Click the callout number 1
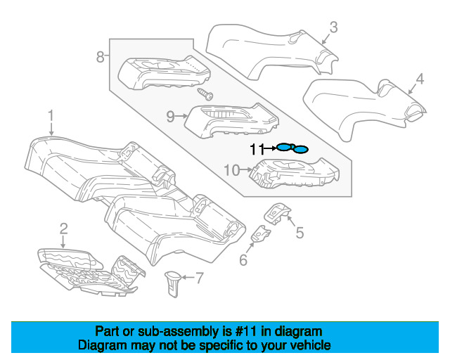51,114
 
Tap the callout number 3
333,27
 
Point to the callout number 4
419,79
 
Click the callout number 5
299,233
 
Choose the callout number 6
243,261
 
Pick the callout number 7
199,279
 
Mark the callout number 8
101,56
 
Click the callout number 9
171,117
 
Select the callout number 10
231,169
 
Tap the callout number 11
257,148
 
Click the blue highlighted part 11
292,148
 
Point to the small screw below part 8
205,93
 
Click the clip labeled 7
172,282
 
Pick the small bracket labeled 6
261,233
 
